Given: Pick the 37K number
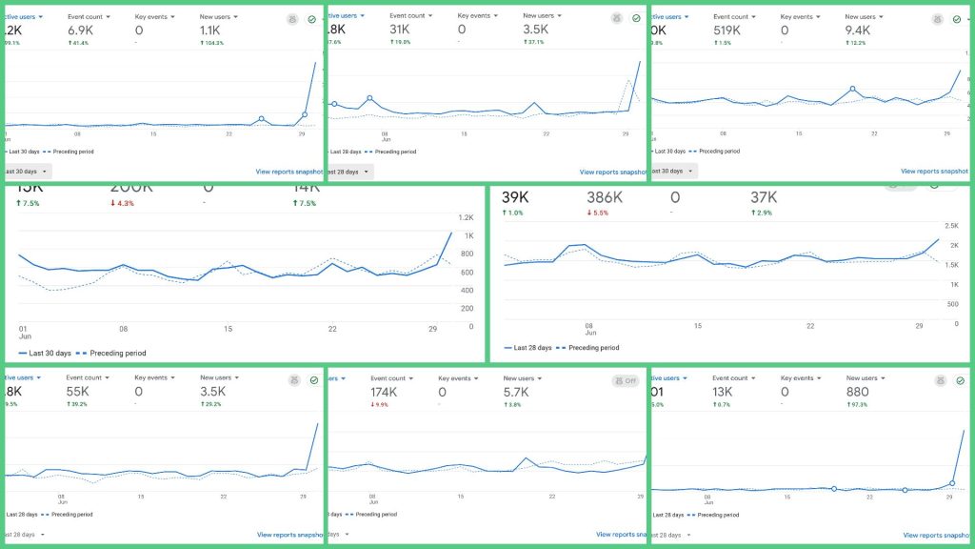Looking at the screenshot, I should (x=764, y=197).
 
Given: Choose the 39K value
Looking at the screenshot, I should (x=516, y=197).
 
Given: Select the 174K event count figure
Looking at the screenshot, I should (x=386, y=392).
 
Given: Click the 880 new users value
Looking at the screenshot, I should (x=858, y=392).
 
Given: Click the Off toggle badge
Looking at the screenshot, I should (x=626, y=381).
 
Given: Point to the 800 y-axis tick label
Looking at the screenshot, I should (x=467, y=254).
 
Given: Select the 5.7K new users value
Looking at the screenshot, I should (x=518, y=392).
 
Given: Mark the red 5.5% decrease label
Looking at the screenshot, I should (x=600, y=213).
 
